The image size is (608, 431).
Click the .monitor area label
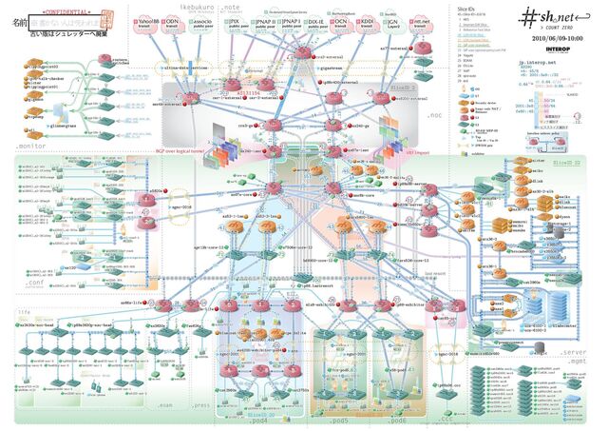pos(32,144)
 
